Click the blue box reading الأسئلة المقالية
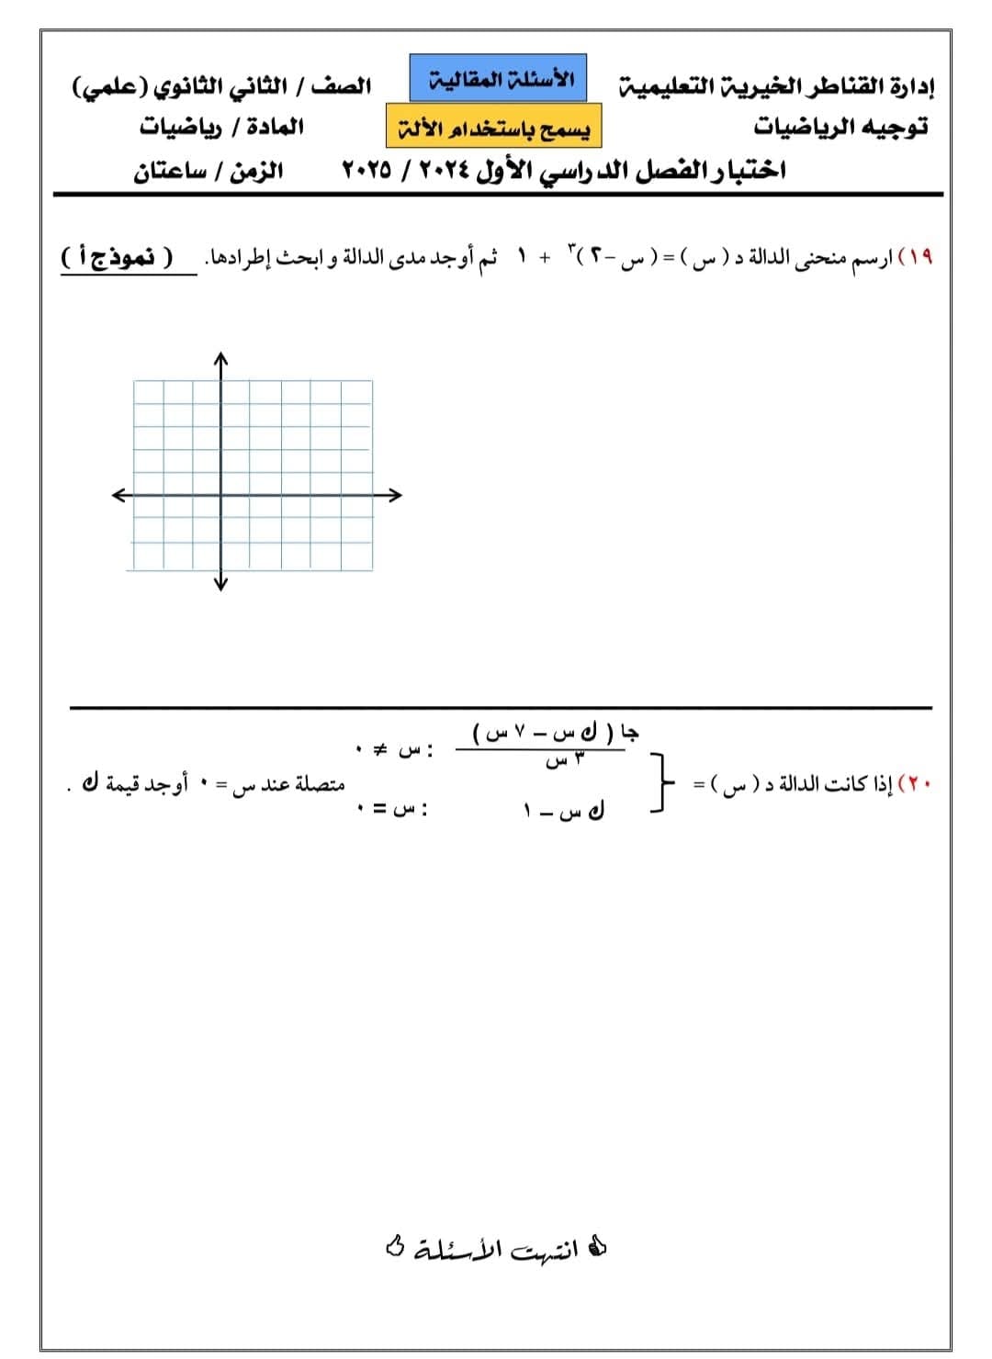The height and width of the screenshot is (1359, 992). tap(497, 78)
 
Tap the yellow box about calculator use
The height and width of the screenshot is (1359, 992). tap(494, 127)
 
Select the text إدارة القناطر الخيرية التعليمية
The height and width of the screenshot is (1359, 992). tap(777, 87)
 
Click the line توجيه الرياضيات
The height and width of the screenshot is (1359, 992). tap(840, 127)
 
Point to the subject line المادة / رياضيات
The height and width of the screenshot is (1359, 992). tap(221, 127)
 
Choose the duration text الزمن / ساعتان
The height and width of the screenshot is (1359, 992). tap(209, 171)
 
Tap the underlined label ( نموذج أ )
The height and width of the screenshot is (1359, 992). tap(117, 257)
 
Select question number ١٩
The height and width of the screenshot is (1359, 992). tap(919, 258)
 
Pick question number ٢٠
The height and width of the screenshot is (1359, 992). tap(919, 786)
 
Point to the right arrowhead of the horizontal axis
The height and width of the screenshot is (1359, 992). tap(396, 496)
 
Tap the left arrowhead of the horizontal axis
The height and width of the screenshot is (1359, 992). tap(118, 496)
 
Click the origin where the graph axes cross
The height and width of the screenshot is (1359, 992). tap(220, 496)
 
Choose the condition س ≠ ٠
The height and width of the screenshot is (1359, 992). tap(395, 750)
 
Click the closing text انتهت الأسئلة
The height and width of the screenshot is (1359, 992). tap(496, 1249)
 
